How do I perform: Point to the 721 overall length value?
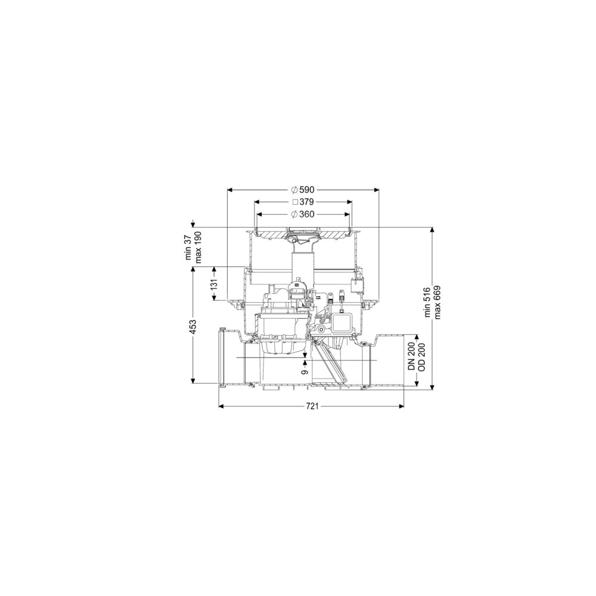tap(312, 406)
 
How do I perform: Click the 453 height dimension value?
tap(193, 327)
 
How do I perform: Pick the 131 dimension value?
tap(214, 284)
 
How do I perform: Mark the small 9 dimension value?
tap(305, 372)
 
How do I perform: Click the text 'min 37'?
tap(189, 247)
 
